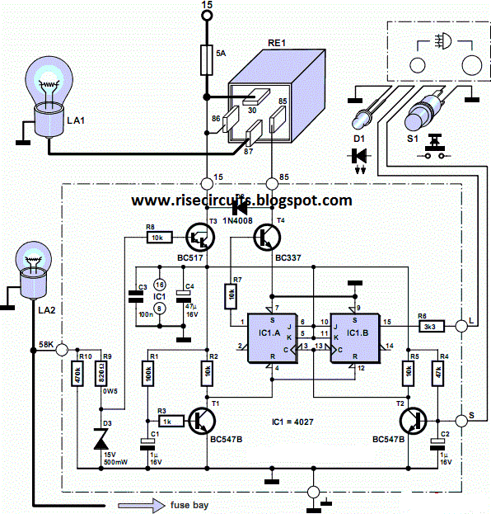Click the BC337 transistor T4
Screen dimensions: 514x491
pyautogui.click(x=269, y=237)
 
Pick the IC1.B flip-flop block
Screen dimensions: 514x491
pyautogui.click(x=354, y=339)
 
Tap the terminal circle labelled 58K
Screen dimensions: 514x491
pyautogui.click(x=61, y=350)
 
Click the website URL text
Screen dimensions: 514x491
pyautogui.click(x=241, y=200)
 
